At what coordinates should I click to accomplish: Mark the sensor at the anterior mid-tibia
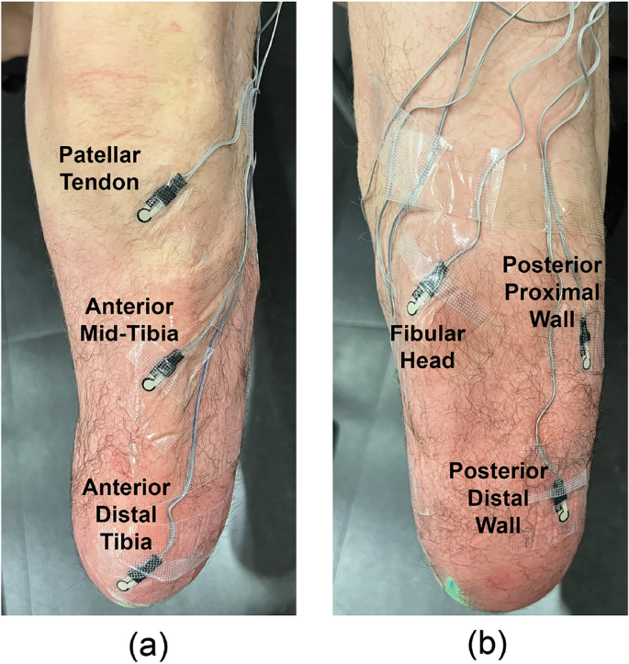(155, 368)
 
